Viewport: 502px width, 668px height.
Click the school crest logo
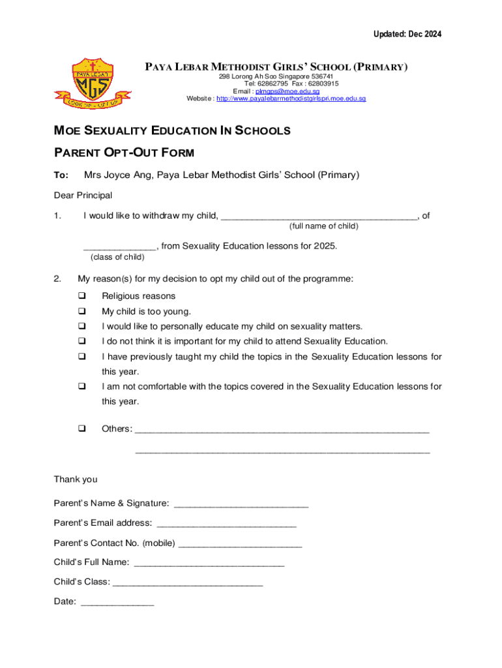click(92, 83)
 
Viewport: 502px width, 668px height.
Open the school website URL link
click(291, 99)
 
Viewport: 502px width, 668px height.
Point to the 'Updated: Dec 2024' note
click(407, 34)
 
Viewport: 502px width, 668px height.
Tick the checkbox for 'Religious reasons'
click(82, 296)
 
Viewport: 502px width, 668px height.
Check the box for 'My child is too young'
click(82, 311)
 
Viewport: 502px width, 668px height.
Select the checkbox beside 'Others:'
click(82, 429)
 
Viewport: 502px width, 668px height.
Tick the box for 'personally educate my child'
click(82, 326)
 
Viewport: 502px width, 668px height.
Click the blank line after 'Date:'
click(117, 603)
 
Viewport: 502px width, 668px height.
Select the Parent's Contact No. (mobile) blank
click(240, 544)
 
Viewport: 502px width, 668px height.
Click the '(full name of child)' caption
click(323, 226)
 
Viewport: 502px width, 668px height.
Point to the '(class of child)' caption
click(117, 257)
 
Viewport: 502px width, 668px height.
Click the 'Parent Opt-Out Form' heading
click(124, 153)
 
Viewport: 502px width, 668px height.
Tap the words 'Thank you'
click(76, 479)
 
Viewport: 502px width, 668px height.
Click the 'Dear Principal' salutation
click(83, 195)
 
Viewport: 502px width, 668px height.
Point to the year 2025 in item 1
click(325, 246)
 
